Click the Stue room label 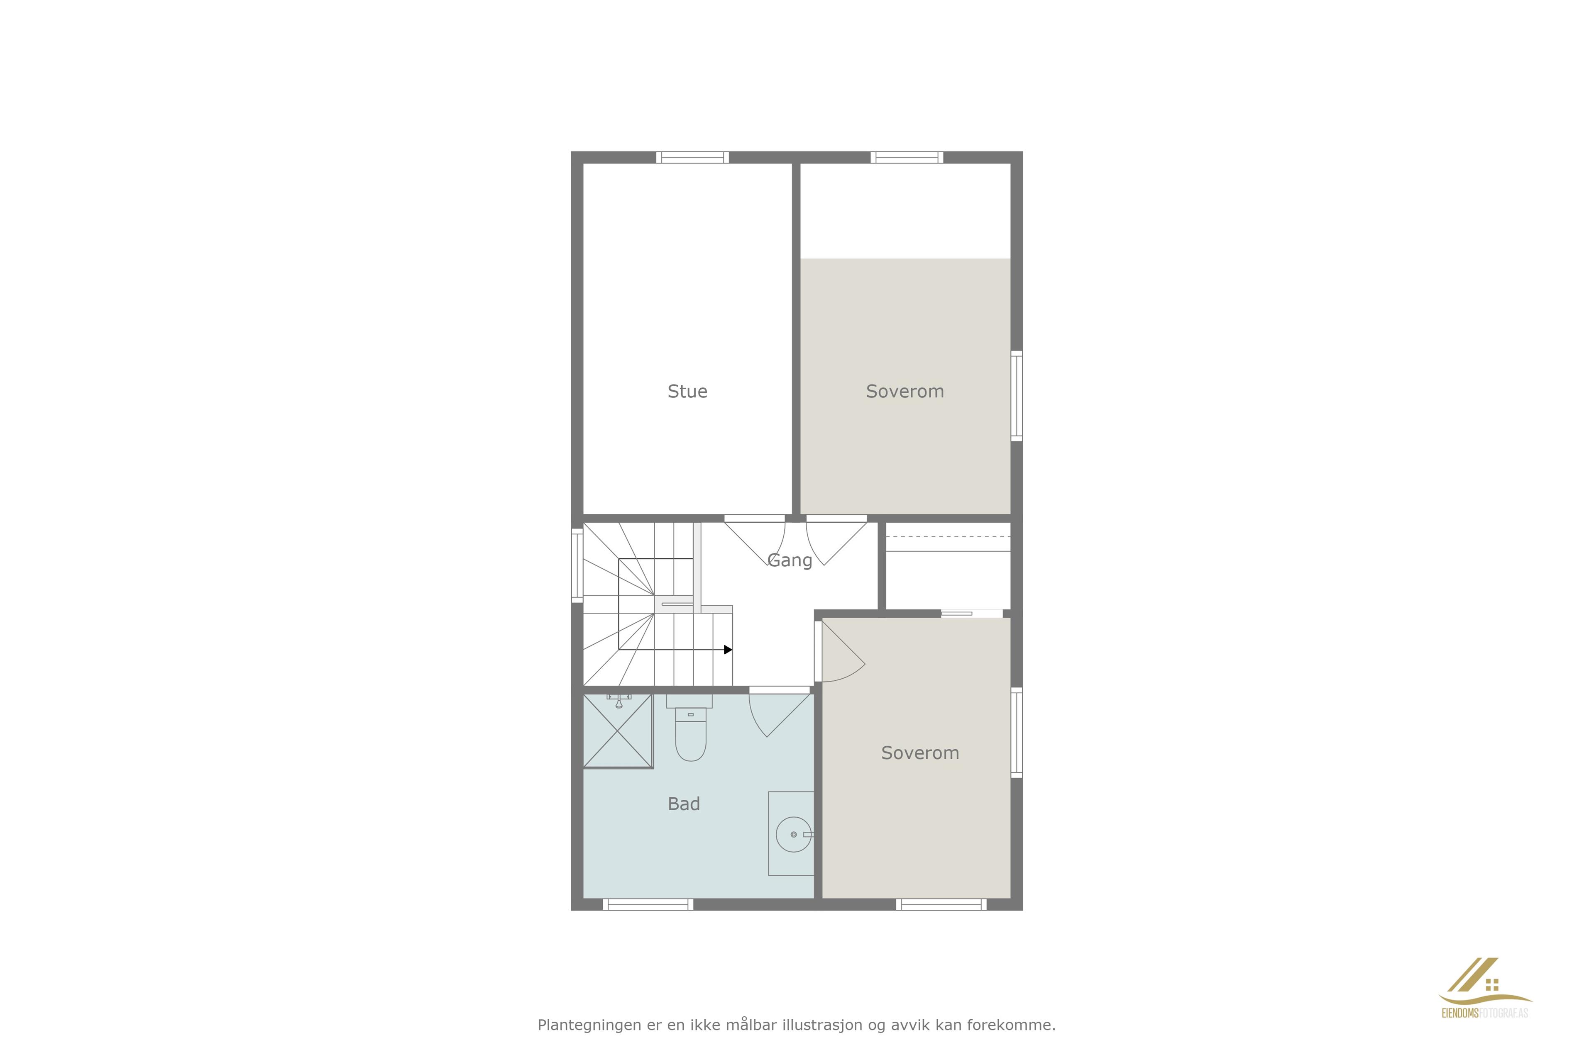click(x=687, y=392)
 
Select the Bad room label click(x=684, y=804)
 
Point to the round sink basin click(x=794, y=834)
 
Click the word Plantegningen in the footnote click(x=589, y=1025)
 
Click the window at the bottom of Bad click(x=648, y=904)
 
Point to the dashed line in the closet click(x=948, y=537)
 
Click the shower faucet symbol click(x=619, y=700)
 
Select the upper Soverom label click(x=905, y=392)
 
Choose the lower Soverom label click(x=920, y=753)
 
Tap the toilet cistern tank click(x=689, y=701)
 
